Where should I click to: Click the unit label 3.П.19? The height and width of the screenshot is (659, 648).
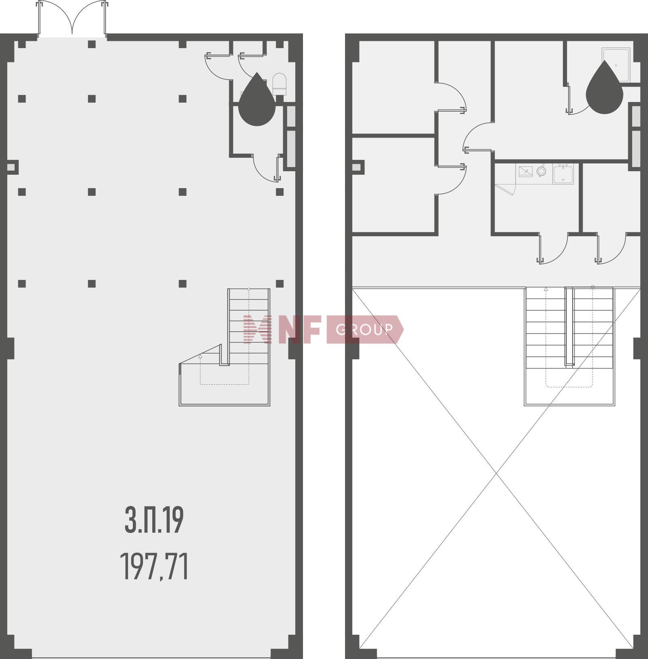pyautogui.click(x=154, y=520)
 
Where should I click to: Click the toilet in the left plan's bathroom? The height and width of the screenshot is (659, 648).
pyautogui.click(x=279, y=84)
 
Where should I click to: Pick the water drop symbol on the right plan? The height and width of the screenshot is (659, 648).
pyautogui.click(x=604, y=87)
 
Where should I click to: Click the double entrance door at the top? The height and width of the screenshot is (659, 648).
pyautogui.click(x=72, y=18)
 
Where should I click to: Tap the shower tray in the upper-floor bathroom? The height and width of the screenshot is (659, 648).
pyautogui.click(x=616, y=65)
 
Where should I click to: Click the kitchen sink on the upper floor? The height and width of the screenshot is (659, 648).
pyautogui.click(x=563, y=174)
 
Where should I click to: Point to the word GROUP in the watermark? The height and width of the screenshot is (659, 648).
pyautogui.click(x=364, y=330)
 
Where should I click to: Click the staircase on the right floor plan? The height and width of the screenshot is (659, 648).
pyautogui.click(x=569, y=346)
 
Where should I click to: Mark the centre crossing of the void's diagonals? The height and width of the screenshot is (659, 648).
pyautogui.click(x=497, y=473)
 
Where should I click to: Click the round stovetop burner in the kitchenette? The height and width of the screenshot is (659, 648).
pyautogui.click(x=541, y=172)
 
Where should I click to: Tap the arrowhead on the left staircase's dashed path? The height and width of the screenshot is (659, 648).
pyautogui.click(x=200, y=356)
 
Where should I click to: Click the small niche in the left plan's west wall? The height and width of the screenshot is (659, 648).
pyautogui.click(x=13, y=167)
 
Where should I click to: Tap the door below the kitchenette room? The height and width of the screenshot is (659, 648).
pyautogui.click(x=553, y=248)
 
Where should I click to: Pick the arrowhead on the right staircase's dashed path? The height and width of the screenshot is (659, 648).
pyautogui.click(x=546, y=289)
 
